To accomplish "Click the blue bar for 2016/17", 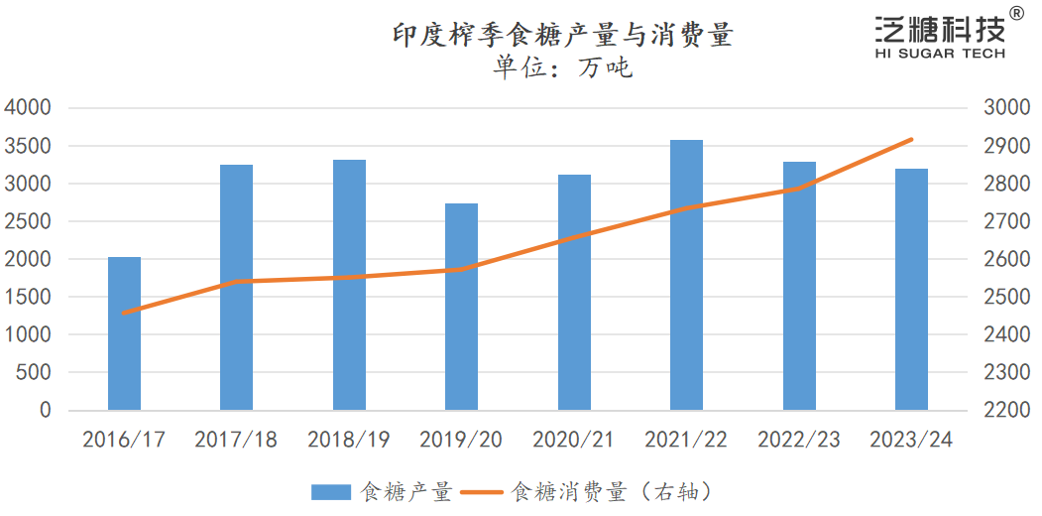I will click(124, 333).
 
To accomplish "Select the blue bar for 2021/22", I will click(686, 275).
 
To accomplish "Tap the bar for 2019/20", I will click(461, 307).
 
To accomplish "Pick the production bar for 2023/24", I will click(911, 289).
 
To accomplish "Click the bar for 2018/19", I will click(349, 285).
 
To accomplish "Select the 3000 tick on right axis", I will click(1006, 108).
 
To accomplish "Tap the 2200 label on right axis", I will click(1006, 410).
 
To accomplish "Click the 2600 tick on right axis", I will click(1006, 259).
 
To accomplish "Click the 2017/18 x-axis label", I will click(236, 440).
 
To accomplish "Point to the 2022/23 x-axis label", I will click(798, 440).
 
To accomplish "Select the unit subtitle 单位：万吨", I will click(562, 67).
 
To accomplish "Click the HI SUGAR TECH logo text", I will click(940, 54).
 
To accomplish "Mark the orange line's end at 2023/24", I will click(911, 140).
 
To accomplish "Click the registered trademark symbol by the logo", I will click(1016, 13).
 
